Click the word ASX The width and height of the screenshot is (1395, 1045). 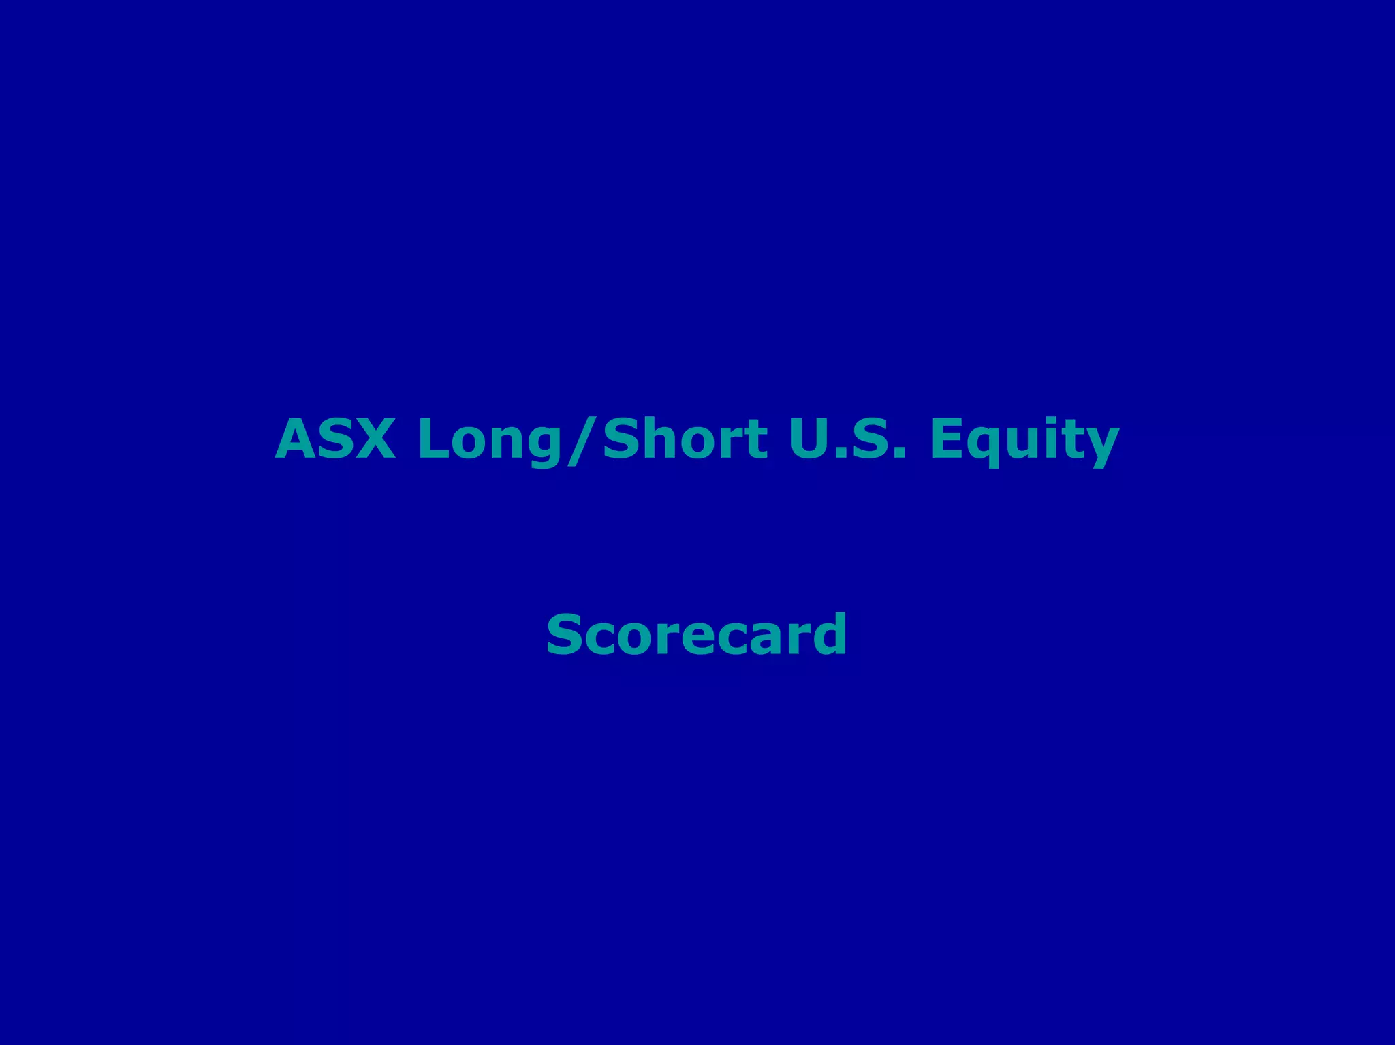[x=334, y=439]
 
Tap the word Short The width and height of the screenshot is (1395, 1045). [x=685, y=439]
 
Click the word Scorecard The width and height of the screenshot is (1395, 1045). [x=697, y=635]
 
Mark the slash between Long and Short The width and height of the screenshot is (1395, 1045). [x=582, y=441]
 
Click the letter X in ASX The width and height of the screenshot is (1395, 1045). [x=374, y=439]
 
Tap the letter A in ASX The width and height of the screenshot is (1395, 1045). [x=294, y=439]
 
